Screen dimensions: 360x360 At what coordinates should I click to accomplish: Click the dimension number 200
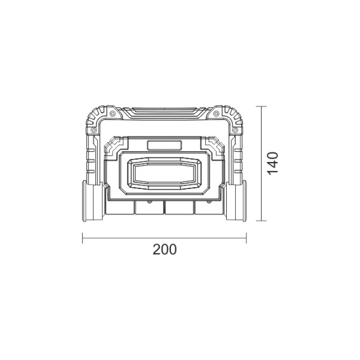tap(165, 250)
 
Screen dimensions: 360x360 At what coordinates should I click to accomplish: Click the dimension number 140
tap(273, 163)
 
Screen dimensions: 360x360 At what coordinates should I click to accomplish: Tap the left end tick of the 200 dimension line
tap(83, 238)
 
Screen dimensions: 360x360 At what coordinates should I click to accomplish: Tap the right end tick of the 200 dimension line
tap(246, 238)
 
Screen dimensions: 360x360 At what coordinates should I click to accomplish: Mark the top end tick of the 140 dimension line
tap(261, 107)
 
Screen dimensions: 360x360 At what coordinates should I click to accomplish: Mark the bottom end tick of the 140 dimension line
tap(261, 221)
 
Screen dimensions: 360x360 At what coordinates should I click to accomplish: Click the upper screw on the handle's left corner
tap(112, 113)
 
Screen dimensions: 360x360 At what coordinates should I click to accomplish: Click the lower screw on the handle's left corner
tap(94, 130)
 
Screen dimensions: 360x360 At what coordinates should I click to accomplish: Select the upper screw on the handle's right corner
tap(216, 113)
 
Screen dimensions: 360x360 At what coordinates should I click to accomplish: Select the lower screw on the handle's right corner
tap(234, 130)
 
